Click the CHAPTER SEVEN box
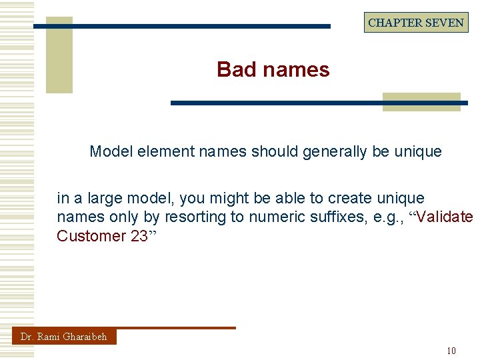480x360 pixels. point(416,23)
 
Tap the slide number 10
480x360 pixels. point(451,351)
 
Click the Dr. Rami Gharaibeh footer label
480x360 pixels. point(63,337)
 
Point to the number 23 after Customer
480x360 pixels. point(139,236)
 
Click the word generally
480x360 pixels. point(335,151)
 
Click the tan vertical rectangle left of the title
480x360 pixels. point(59,56)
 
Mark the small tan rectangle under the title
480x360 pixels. point(421,101)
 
